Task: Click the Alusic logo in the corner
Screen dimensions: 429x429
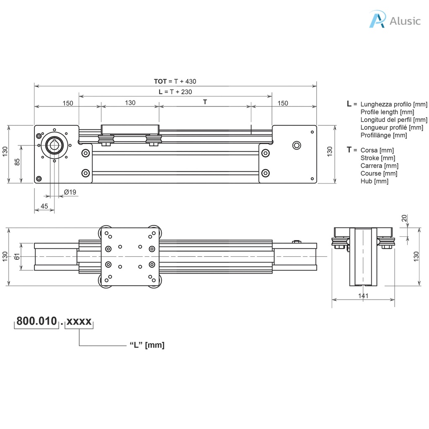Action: (394, 20)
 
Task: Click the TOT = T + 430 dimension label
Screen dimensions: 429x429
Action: (175, 81)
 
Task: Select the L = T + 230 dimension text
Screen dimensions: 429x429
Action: (175, 92)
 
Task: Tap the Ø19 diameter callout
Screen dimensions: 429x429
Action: (70, 192)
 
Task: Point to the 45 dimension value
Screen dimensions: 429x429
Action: (44, 206)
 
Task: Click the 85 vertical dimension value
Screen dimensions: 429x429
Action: (17, 161)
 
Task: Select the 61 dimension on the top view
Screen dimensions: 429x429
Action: (17, 256)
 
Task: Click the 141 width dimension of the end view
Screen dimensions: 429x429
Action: (363, 296)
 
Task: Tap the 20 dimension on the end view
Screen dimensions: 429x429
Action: (404, 218)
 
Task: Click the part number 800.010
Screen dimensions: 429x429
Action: (36, 321)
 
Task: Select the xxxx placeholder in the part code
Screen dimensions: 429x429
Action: (79, 321)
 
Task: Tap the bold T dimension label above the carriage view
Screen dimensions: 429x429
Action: (205, 102)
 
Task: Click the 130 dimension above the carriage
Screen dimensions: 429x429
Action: (130, 103)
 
